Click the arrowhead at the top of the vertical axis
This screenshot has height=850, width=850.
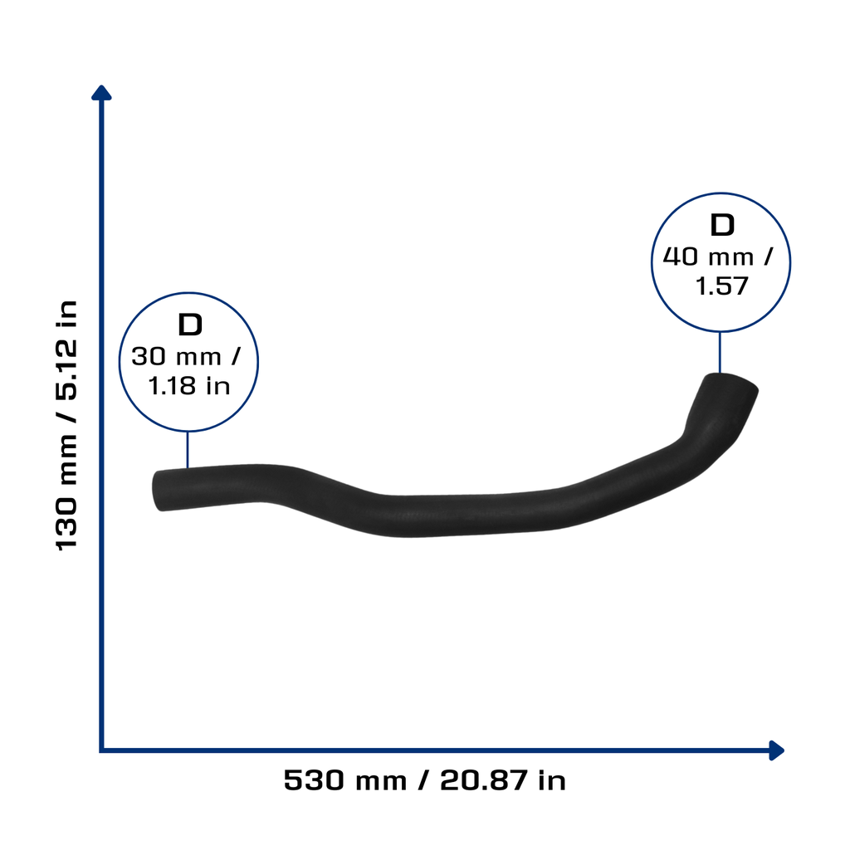tap(101, 93)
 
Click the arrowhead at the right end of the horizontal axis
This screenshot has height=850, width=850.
tap(776, 750)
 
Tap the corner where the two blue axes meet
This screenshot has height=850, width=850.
tap(101, 750)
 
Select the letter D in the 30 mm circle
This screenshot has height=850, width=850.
tap(190, 325)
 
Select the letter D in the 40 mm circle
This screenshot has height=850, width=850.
tap(722, 225)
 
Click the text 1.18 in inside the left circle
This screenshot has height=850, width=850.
tap(189, 386)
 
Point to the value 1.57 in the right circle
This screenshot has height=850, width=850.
tap(721, 286)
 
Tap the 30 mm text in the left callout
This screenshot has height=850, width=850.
tap(176, 357)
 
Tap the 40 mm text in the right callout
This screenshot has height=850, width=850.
tap(708, 257)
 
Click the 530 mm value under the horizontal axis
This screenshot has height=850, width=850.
tap(344, 780)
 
